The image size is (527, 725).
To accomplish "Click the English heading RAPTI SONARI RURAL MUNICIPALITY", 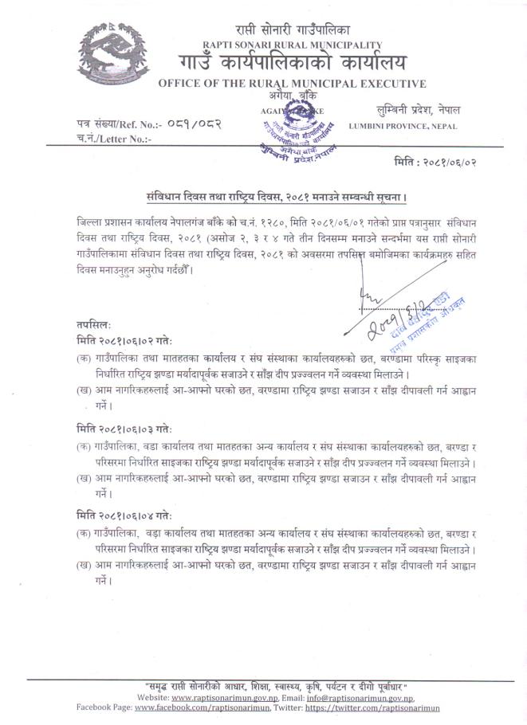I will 292,45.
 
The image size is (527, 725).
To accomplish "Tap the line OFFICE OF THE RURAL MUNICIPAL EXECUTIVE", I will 292,84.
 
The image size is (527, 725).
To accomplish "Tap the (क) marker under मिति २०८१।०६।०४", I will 82,532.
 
